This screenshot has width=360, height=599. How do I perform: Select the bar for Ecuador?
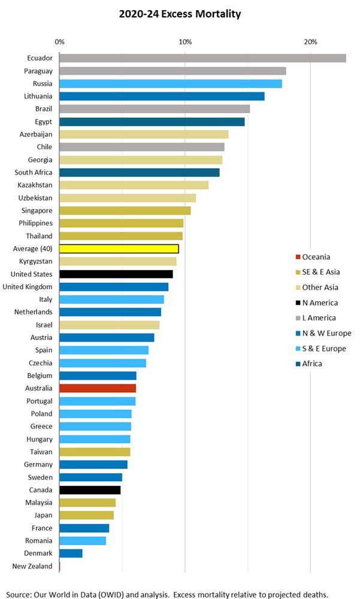click(x=202, y=58)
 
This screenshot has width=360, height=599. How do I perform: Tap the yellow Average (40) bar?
click(x=119, y=249)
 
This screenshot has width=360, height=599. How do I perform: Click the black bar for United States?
click(x=116, y=274)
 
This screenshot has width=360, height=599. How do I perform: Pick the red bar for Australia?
click(x=98, y=388)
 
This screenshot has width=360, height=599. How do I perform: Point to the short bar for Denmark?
click(x=71, y=553)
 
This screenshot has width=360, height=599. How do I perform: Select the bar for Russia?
click(x=170, y=83)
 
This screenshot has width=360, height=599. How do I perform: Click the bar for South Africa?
click(x=139, y=173)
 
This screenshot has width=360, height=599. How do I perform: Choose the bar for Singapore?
click(x=125, y=211)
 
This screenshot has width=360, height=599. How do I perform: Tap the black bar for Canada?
click(x=90, y=490)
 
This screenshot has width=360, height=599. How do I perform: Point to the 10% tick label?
click(x=185, y=41)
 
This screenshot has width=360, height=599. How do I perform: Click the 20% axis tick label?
click(x=310, y=41)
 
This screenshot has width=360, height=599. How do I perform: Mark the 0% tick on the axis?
click(x=59, y=41)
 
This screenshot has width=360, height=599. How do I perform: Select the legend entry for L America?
click(x=319, y=318)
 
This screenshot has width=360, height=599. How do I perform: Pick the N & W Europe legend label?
click(x=326, y=333)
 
